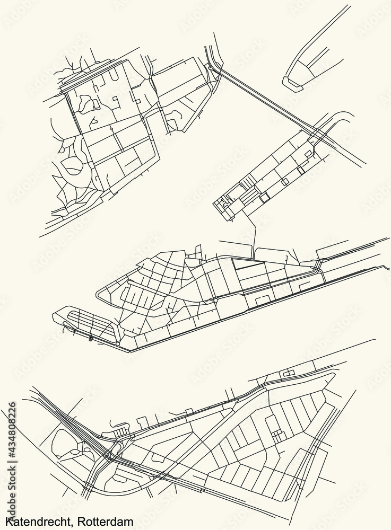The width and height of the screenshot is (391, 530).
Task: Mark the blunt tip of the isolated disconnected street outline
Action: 290,83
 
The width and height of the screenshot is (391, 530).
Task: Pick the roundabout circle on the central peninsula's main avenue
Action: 215,299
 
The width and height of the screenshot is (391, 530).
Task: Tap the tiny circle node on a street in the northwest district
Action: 111,128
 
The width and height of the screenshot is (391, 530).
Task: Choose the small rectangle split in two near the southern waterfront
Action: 288,374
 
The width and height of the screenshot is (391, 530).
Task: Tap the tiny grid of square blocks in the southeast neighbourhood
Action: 276,435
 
